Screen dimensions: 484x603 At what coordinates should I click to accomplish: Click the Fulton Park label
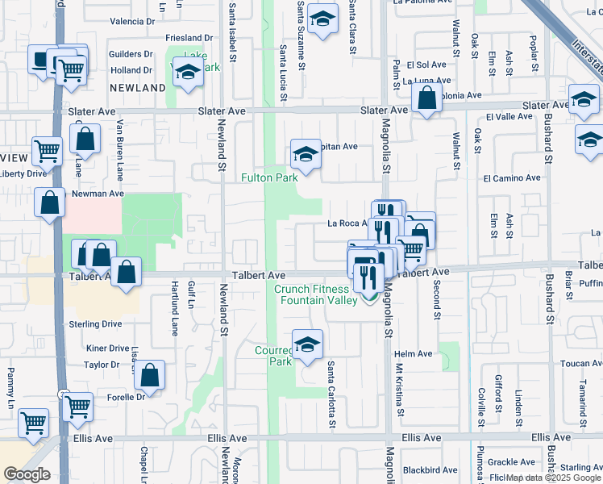[269, 177]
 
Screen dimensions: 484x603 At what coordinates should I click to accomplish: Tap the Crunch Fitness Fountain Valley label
[316, 294]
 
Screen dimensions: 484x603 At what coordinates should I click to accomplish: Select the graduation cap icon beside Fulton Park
[306, 153]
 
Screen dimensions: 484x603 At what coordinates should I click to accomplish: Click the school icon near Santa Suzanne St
[322, 19]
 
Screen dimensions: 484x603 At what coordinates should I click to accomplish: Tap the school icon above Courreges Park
[306, 344]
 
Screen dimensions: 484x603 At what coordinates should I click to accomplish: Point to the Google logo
[27, 474]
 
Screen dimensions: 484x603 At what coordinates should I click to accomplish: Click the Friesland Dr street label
[189, 38]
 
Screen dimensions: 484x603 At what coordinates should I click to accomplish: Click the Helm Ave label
[414, 354]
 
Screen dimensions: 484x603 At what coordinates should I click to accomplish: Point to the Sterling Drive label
[95, 323]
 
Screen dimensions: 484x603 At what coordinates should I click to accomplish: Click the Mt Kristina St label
[399, 394]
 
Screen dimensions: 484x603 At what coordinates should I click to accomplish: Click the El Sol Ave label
[426, 65]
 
